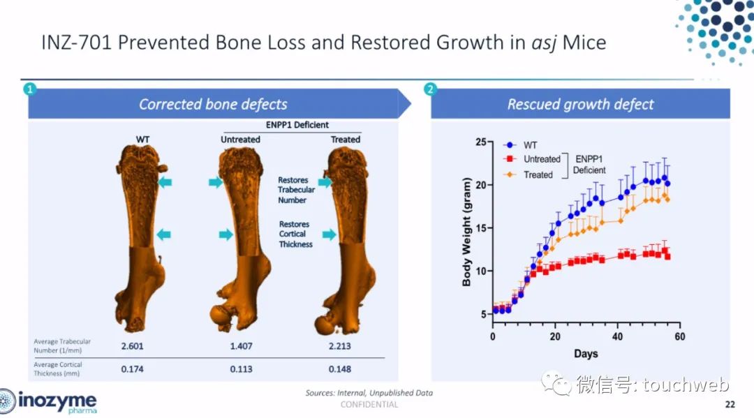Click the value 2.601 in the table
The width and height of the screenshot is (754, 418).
132,346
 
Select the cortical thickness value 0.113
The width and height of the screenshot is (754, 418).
241,369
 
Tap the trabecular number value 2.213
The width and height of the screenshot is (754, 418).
339,346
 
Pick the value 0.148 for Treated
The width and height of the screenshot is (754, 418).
339,369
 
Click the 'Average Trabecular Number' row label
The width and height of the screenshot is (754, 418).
62,346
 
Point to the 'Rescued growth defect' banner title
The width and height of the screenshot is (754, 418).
580,104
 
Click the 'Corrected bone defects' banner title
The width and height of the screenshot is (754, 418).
213,104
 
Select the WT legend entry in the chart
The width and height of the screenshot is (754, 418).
520,145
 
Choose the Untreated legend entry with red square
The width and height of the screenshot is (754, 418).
532,159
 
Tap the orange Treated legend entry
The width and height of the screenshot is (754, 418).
528,175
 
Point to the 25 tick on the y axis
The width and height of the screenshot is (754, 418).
481,142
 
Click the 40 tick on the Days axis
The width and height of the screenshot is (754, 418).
617,337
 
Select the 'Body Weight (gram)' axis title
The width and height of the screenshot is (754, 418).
466,232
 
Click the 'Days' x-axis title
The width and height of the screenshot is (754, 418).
586,354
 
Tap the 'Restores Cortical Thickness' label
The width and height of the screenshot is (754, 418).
295,234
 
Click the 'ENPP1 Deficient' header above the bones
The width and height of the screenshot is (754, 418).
297,125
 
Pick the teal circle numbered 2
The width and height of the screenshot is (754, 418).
430,89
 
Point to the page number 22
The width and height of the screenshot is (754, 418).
730,405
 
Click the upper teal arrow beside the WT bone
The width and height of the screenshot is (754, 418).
165,182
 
